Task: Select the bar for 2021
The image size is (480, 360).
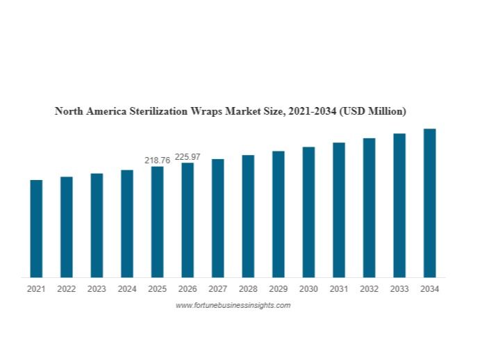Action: click(x=36, y=229)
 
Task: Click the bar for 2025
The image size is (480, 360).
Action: click(x=157, y=222)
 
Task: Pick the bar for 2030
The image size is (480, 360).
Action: click(x=308, y=212)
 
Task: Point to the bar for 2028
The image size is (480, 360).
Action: click(x=248, y=216)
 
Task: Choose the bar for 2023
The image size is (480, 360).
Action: click(x=97, y=225)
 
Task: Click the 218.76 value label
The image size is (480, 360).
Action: click(x=157, y=161)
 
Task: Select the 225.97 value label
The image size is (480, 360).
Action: click(x=188, y=157)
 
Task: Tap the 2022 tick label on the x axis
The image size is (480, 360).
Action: click(x=67, y=289)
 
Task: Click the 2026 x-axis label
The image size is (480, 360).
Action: click(x=188, y=289)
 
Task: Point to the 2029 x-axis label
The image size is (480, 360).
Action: click(x=278, y=289)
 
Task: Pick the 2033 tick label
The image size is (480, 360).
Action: click(x=399, y=289)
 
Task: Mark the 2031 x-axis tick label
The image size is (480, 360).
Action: click(x=338, y=289)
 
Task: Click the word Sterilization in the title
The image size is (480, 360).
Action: click(x=153, y=111)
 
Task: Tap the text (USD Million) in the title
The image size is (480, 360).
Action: click(x=373, y=111)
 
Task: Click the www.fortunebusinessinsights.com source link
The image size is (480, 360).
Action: click(x=233, y=305)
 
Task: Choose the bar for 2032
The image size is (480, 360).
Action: click(x=369, y=208)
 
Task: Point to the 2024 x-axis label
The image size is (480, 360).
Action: click(x=127, y=289)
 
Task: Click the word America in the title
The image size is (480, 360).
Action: click(x=101, y=111)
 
